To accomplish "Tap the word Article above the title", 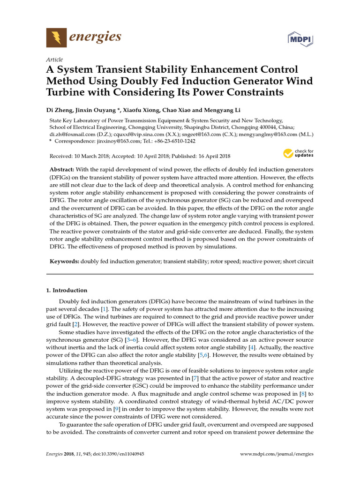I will tap(54, 60).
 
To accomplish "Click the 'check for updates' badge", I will tap(298, 154).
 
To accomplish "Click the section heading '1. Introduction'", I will tap(67, 290).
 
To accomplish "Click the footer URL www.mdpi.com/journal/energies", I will tap(277, 454).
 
